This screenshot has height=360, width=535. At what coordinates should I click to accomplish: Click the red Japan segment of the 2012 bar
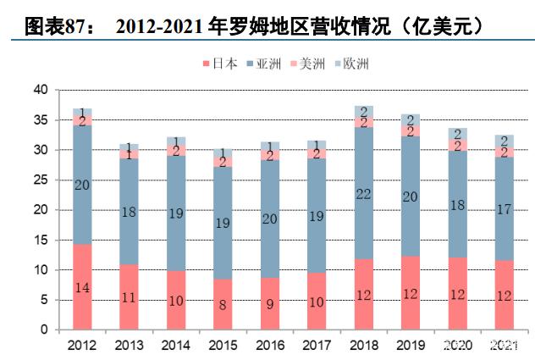(82, 287)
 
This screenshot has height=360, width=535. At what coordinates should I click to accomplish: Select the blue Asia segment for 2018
(364, 193)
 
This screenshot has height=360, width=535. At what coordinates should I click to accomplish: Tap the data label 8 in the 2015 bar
(223, 305)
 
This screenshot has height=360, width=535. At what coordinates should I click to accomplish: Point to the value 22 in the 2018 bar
(363, 194)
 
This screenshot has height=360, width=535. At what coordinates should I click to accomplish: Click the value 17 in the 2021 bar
(504, 209)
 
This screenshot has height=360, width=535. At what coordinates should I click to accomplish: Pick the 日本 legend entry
(220, 64)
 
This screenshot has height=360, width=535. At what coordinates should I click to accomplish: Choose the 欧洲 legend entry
(352, 64)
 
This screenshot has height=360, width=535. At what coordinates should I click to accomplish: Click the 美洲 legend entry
(308, 64)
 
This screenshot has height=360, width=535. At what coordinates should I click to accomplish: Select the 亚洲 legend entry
(264, 64)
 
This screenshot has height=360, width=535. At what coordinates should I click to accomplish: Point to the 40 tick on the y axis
(41, 90)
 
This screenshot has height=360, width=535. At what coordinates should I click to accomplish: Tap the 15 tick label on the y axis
(41, 240)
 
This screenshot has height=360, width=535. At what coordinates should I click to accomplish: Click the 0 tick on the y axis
(44, 330)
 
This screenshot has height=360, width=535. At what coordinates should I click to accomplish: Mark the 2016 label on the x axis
(270, 346)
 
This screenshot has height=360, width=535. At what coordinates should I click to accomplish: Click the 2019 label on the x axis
(411, 346)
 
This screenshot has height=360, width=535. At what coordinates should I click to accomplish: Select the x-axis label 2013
(129, 346)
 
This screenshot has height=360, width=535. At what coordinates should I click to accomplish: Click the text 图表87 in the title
(54, 26)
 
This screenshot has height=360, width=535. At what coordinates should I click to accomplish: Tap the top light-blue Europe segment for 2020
(458, 134)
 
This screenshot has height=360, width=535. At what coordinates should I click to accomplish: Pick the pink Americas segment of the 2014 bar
(176, 150)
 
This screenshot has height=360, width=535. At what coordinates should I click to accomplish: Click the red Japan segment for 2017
(317, 302)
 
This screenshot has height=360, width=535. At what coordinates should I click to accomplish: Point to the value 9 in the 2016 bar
(269, 304)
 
